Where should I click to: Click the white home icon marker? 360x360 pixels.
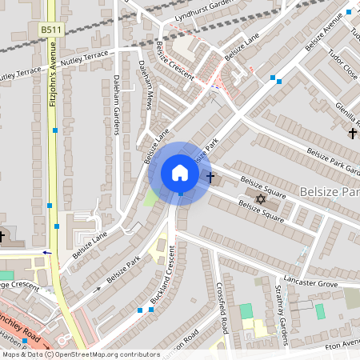[180, 173]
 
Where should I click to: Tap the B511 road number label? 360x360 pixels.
[51, 30]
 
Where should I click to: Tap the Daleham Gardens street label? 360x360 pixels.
[116, 105]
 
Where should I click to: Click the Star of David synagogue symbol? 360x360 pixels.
[259, 198]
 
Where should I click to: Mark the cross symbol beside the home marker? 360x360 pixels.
[211, 177]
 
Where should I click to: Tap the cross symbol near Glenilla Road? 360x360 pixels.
[353, 133]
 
